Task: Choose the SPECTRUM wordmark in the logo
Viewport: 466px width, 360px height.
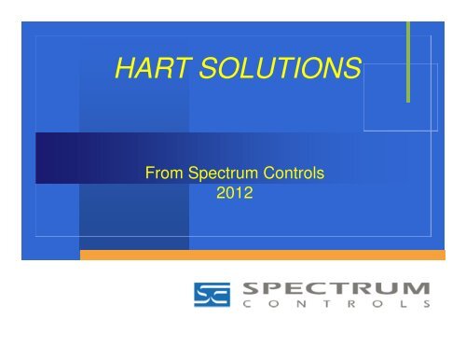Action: coord(332,286)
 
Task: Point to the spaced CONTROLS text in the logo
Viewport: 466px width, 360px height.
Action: coord(332,304)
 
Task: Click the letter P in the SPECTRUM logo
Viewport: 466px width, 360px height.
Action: coord(272,286)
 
